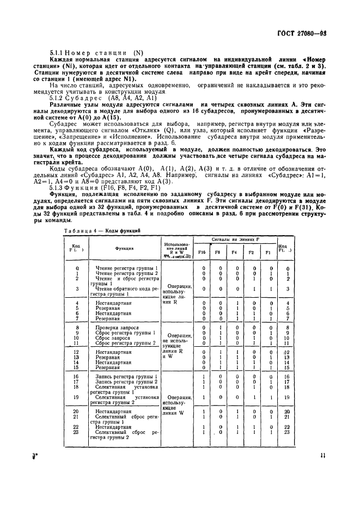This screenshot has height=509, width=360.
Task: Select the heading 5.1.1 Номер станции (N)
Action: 96,52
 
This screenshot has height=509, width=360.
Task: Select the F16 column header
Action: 203,252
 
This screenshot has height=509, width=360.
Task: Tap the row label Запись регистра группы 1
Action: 126,376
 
